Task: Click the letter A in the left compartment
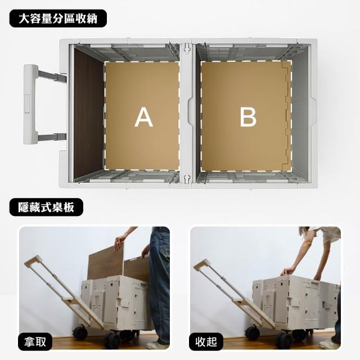pyautogui.click(x=144, y=117)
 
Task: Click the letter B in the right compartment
pyautogui.click(x=248, y=117)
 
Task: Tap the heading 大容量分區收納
pyautogui.click(x=58, y=19)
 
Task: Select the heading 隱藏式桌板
pyautogui.click(x=46, y=207)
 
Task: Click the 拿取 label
pyautogui.click(x=35, y=341)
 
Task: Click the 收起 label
pyautogui.click(x=206, y=341)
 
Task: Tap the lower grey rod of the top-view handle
pyautogui.click(x=52, y=137)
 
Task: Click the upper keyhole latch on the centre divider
pyautogui.click(x=187, y=48)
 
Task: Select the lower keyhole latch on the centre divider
pyautogui.click(x=187, y=179)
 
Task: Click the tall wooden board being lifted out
pyautogui.click(x=106, y=263)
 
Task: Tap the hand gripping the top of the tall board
pyautogui.click(x=120, y=242)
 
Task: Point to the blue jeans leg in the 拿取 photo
pyautogui.click(x=159, y=285)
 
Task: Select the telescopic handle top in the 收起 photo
pyautogui.click(x=202, y=264)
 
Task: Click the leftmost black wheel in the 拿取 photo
pyautogui.click(x=80, y=332)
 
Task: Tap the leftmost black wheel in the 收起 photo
pyautogui.click(x=252, y=333)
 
